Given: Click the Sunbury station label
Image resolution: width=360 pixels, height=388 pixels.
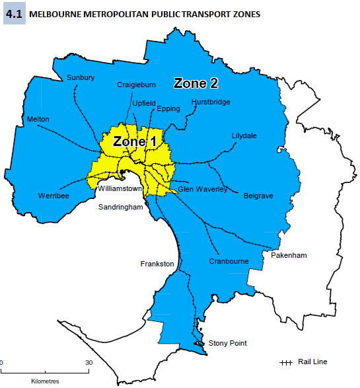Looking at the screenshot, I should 81,78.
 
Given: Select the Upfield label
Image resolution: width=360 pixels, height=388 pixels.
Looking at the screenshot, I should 143,103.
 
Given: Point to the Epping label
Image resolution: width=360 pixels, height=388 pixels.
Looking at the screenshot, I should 168,108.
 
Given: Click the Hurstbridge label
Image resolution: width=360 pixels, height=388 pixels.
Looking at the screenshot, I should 211,102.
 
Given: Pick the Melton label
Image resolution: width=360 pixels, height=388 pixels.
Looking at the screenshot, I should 38,119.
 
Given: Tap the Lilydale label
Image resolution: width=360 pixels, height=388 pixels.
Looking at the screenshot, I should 244,136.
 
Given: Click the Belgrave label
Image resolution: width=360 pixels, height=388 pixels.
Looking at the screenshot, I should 258,196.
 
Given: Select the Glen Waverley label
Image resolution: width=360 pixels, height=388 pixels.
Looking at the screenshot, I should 202,189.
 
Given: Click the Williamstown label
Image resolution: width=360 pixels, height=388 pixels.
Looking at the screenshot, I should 119,188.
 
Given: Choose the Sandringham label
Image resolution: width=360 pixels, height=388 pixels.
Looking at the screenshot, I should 121,207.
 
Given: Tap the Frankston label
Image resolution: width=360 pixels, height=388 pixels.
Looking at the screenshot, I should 157,264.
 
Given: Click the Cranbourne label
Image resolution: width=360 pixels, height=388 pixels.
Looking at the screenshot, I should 229,261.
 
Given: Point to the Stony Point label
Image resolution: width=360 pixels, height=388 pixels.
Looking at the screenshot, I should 227,343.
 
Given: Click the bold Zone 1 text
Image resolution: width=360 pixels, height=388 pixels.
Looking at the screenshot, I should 135,141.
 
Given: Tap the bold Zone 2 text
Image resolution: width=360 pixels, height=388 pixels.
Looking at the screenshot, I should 196,83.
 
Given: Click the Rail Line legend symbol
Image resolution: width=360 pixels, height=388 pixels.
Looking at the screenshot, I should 286,362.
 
